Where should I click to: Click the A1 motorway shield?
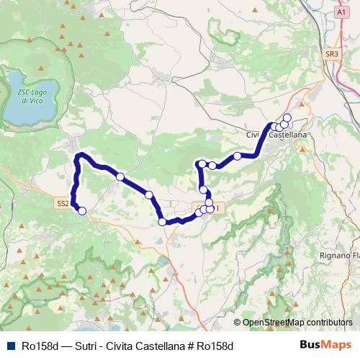(341, 12)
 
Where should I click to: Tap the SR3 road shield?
(331, 54)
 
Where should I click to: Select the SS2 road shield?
(63, 204)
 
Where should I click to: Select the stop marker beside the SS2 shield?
(82, 211)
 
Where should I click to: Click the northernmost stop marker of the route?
(287, 117)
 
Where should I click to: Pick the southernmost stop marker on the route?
(163, 222)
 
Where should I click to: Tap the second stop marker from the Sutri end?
(120, 176)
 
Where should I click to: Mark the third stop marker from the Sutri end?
(149, 195)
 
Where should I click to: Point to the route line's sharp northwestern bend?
(79, 156)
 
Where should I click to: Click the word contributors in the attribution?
(330, 323)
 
